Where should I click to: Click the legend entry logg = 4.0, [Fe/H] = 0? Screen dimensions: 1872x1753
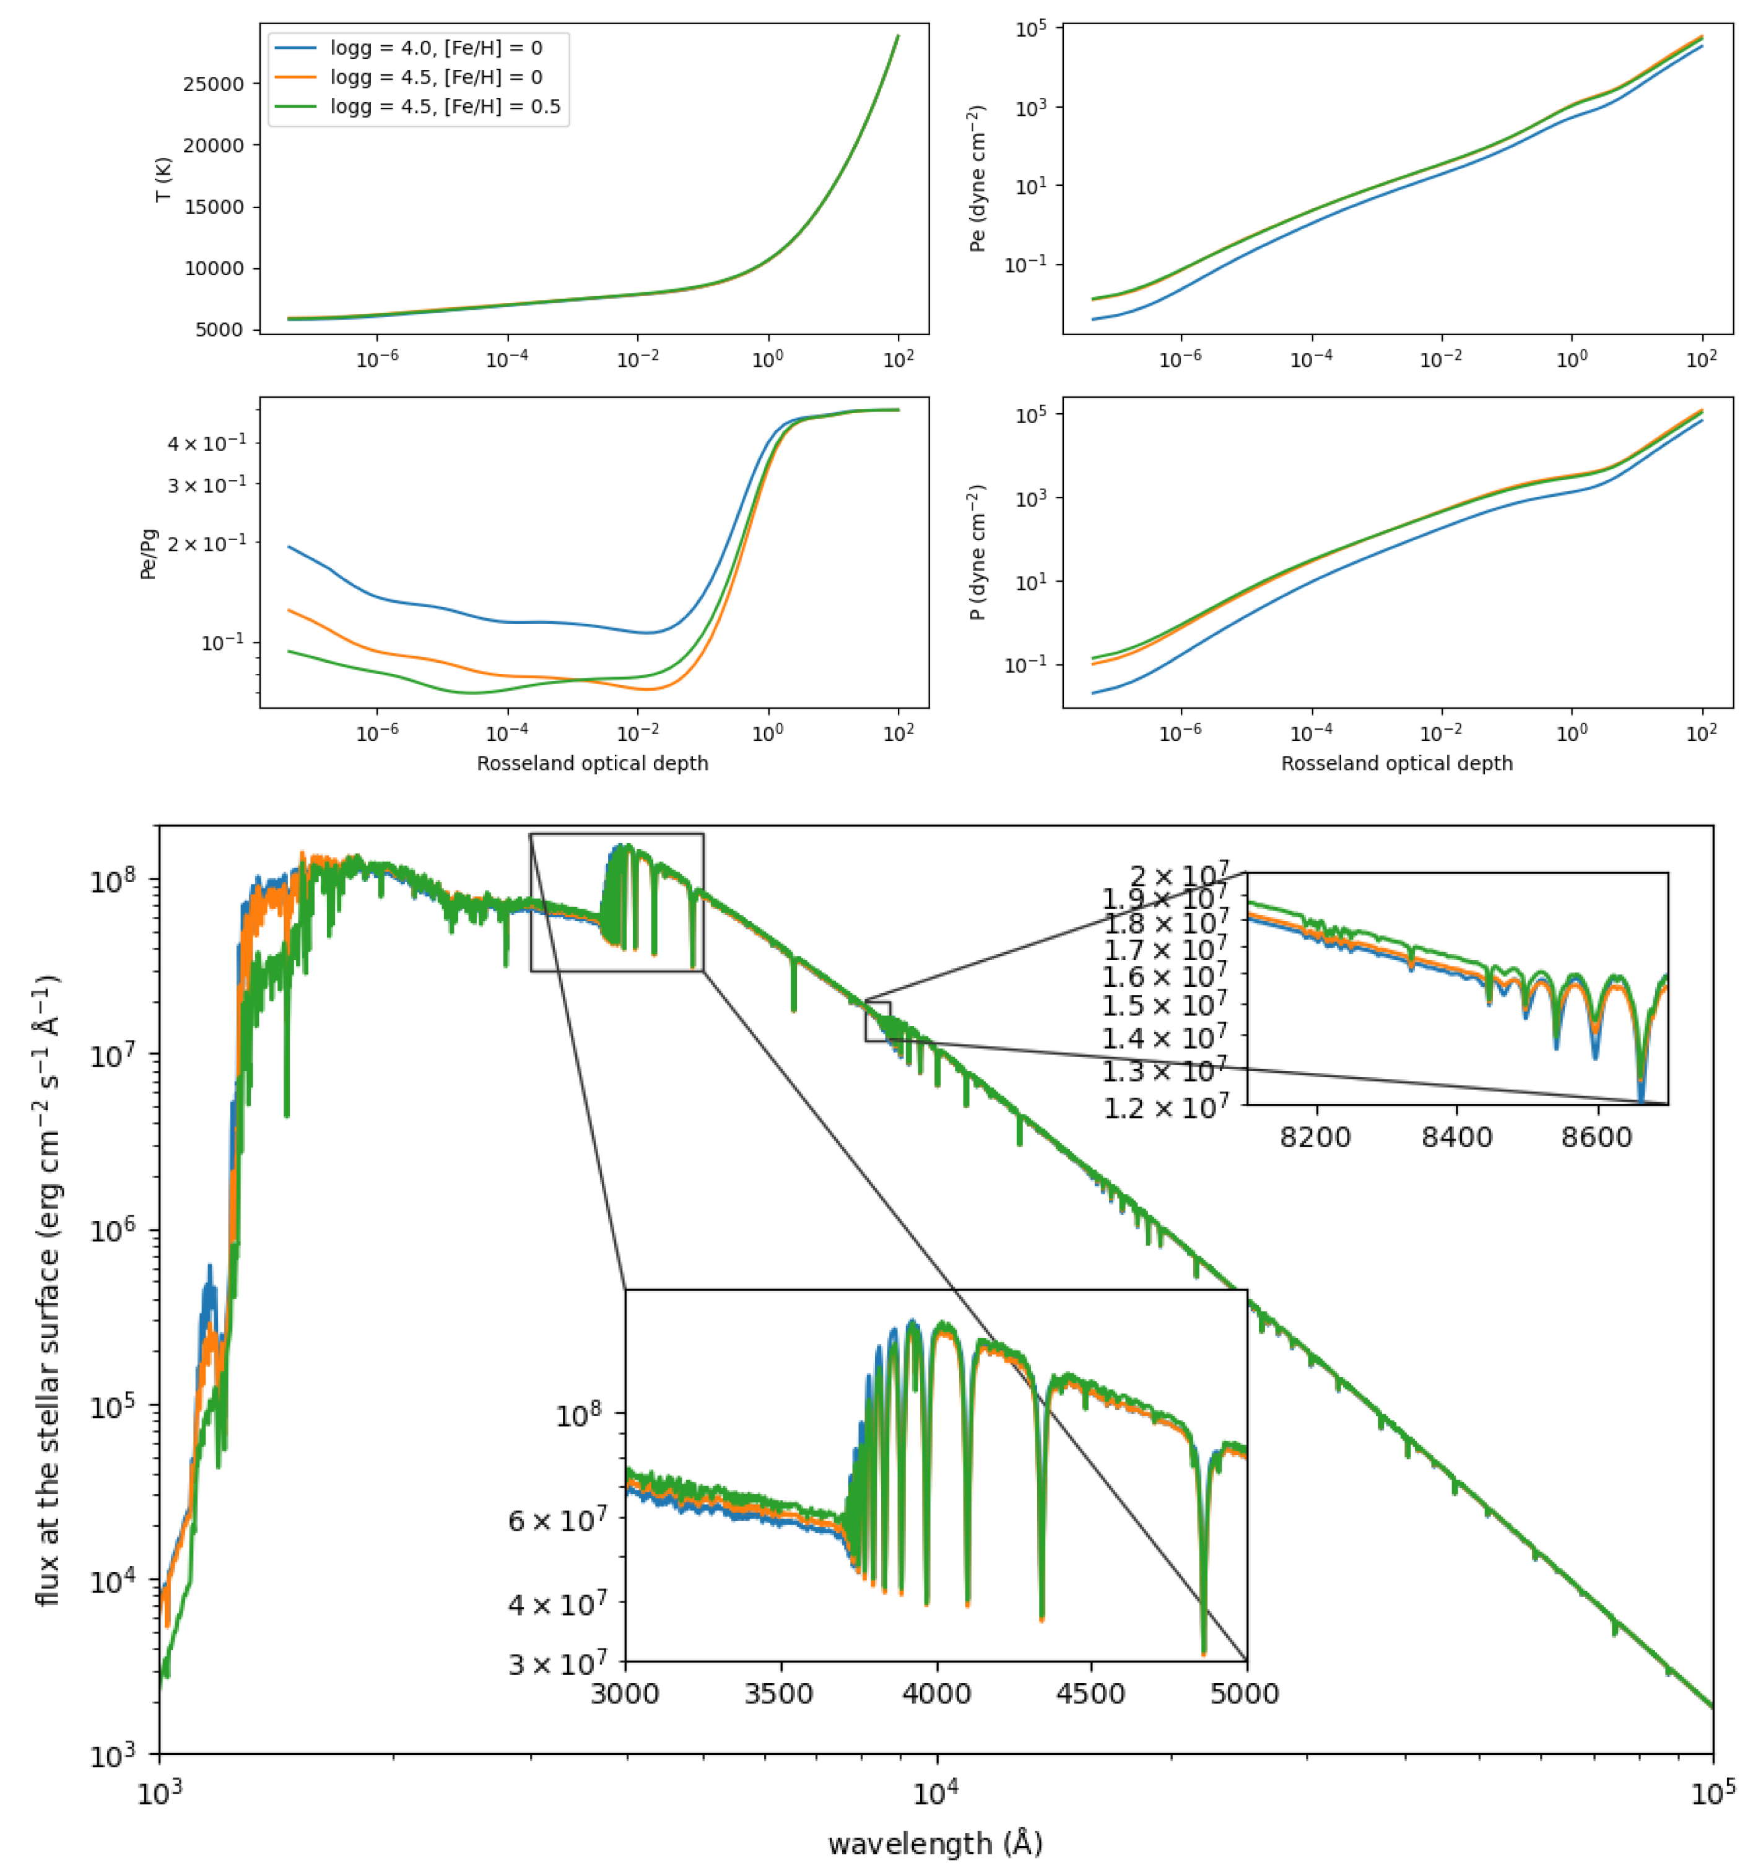pos(435,47)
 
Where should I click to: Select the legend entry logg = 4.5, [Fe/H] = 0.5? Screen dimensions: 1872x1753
pos(445,107)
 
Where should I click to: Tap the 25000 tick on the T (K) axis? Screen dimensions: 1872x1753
pos(213,84)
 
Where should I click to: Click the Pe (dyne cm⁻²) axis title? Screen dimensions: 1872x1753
pos(977,179)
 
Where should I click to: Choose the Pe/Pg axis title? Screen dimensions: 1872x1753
pos(149,554)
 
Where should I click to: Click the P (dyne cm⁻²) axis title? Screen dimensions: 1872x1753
pos(977,553)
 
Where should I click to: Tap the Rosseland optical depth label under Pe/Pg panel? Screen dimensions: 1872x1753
pos(592,764)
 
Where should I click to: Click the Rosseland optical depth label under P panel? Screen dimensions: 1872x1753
pos(1396,764)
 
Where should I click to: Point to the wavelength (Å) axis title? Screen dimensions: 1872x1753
pos(935,1843)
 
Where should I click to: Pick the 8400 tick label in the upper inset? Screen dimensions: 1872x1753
pos(1456,1137)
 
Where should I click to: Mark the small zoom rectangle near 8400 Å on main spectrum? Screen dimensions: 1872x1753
pos(877,1021)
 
